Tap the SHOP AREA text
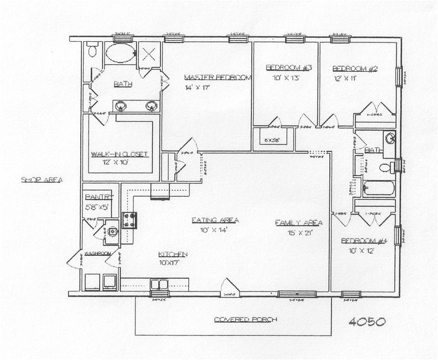[x=41, y=180]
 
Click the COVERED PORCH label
[x=246, y=320]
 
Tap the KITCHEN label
[x=172, y=254]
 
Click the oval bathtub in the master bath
[x=119, y=55]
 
